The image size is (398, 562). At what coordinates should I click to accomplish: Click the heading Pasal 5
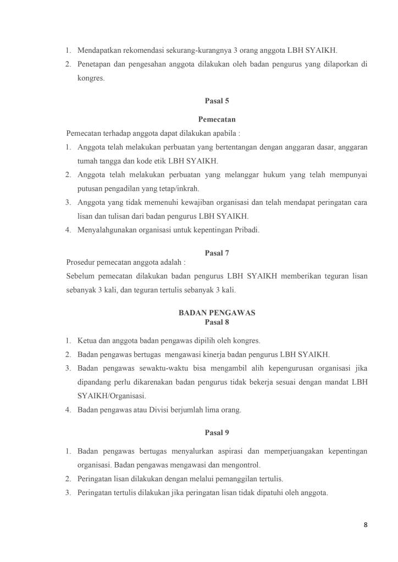click(x=217, y=101)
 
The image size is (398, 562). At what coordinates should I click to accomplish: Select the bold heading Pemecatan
click(x=217, y=119)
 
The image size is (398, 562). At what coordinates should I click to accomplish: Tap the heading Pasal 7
click(x=217, y=253)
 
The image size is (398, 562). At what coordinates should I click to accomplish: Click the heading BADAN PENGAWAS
click(x=217, y=313)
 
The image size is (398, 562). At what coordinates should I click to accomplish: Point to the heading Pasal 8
click(x=217, y=322)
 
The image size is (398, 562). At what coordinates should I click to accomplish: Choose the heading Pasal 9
click(x=217, y=433)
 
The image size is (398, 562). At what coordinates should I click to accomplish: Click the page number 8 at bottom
click(x=365, y=525)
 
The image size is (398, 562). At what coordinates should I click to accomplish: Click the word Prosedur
click(x=80, y=262)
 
